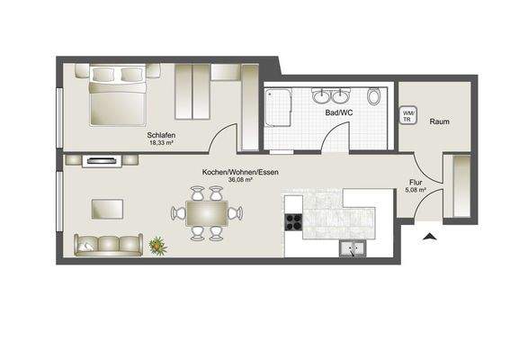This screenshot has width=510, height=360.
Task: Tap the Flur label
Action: tap(415, 182)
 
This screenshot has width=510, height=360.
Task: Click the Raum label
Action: tap(439, 121)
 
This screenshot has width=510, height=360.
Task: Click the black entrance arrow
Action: tap(430, 237)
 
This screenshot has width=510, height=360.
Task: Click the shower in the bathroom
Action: tap(281, 113)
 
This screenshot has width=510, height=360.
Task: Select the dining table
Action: tap(207, 213)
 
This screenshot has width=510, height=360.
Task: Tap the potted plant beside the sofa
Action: tap(158, 243)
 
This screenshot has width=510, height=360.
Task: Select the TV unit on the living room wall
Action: tap(101, 161)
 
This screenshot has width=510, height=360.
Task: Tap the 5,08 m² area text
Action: tap(415, 190)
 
